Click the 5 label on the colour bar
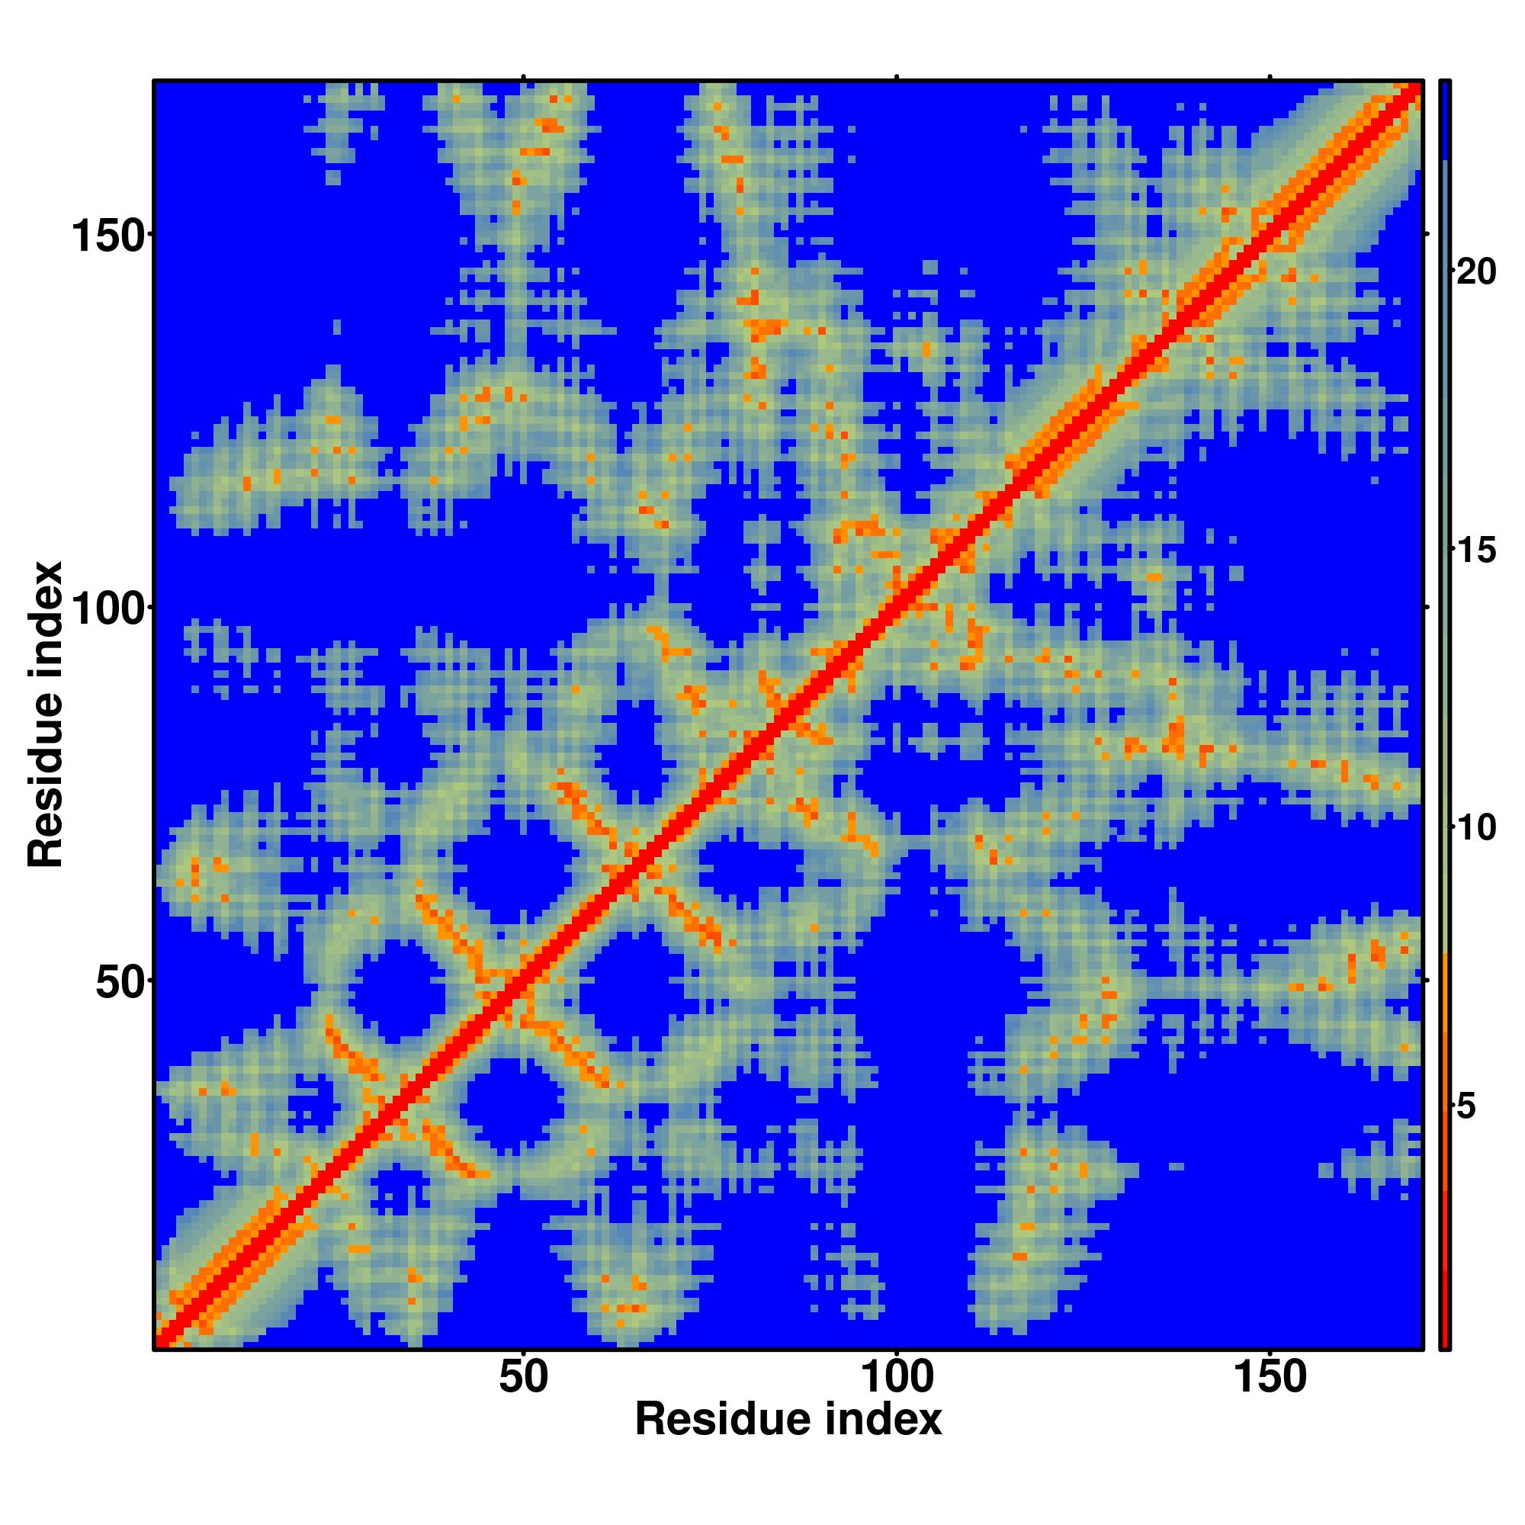[1466, 1107]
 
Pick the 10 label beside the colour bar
[1475, 828]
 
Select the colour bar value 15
[1475, 551]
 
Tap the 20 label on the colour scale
[1475, 271]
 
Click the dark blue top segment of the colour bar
[1444, 118]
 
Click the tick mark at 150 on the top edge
[1270, 76]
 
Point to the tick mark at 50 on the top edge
[523, 76]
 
